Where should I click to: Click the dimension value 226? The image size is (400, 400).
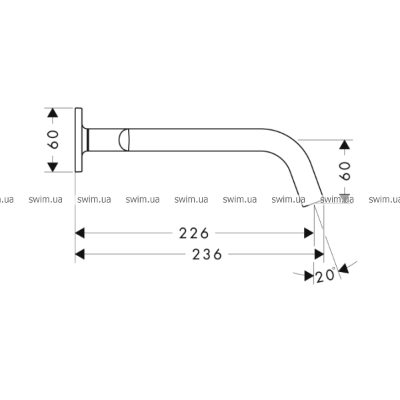(194, 233)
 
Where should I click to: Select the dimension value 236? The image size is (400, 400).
(207, 255)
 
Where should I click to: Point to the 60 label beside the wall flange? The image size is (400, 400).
(53, 139)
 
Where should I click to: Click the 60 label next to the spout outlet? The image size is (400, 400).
(345, 171)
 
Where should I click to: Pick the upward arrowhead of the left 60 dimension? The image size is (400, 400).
(53, 113)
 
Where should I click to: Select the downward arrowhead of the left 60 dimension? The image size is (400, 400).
(53, 167)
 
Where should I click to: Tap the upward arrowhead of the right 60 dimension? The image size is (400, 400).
(345, 145)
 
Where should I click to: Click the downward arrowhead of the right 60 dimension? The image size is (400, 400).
(345, 199)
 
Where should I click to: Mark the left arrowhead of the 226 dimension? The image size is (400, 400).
(80, 233)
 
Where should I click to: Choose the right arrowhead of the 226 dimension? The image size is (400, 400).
(309, 233)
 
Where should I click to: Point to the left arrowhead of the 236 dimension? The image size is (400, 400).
(80, 255)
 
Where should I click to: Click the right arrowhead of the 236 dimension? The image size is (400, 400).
(319, 255)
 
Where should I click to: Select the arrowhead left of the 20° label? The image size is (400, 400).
(309, 276)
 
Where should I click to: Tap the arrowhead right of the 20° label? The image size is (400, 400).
(343, 269)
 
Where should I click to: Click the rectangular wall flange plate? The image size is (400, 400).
(79, 140)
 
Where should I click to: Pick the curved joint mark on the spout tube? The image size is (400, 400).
(124, 140)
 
